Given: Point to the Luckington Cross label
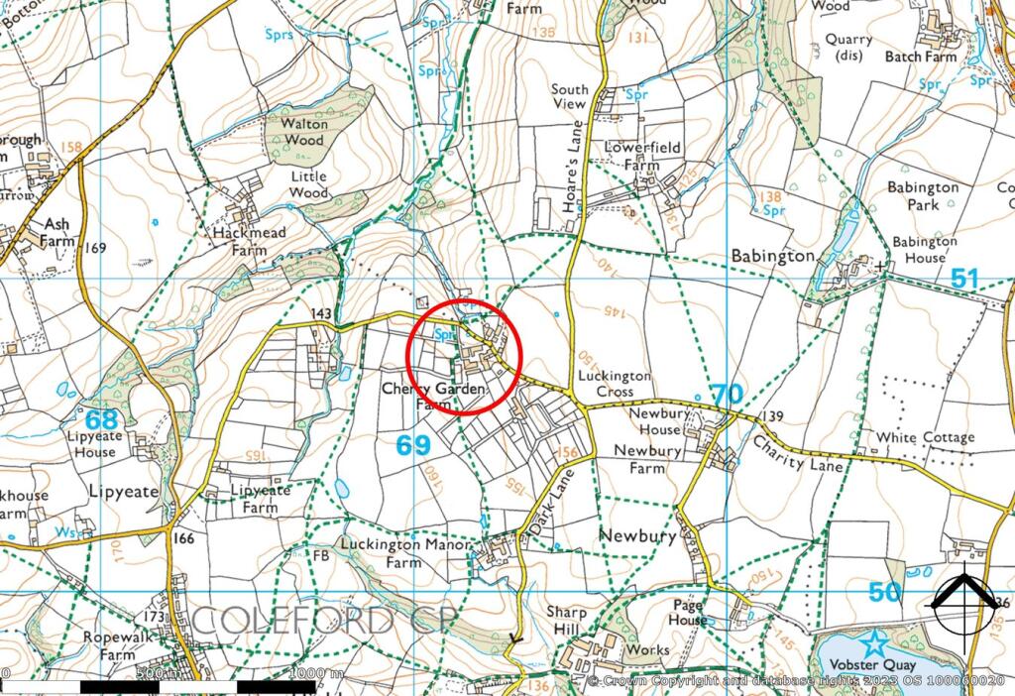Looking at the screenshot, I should (616, 384).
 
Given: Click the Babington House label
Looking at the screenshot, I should (925, 249).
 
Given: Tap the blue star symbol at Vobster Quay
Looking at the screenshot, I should (875, 642).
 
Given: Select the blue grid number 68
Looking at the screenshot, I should (100, 420).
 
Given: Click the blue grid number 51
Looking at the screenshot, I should (964, 279).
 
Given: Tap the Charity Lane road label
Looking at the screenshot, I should (798, 453).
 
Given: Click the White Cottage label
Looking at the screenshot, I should (920, 437).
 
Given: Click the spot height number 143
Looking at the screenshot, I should (321, 313).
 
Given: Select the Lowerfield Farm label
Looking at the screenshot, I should (642, 157).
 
